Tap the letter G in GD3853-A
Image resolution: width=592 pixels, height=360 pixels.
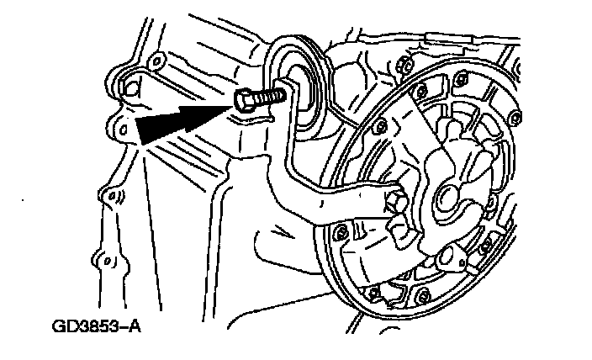click(x=58, y=325)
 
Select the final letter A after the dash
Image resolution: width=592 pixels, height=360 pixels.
click(x=133, y=325)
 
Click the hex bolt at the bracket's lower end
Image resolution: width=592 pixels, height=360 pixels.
click(x=393, y=202)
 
